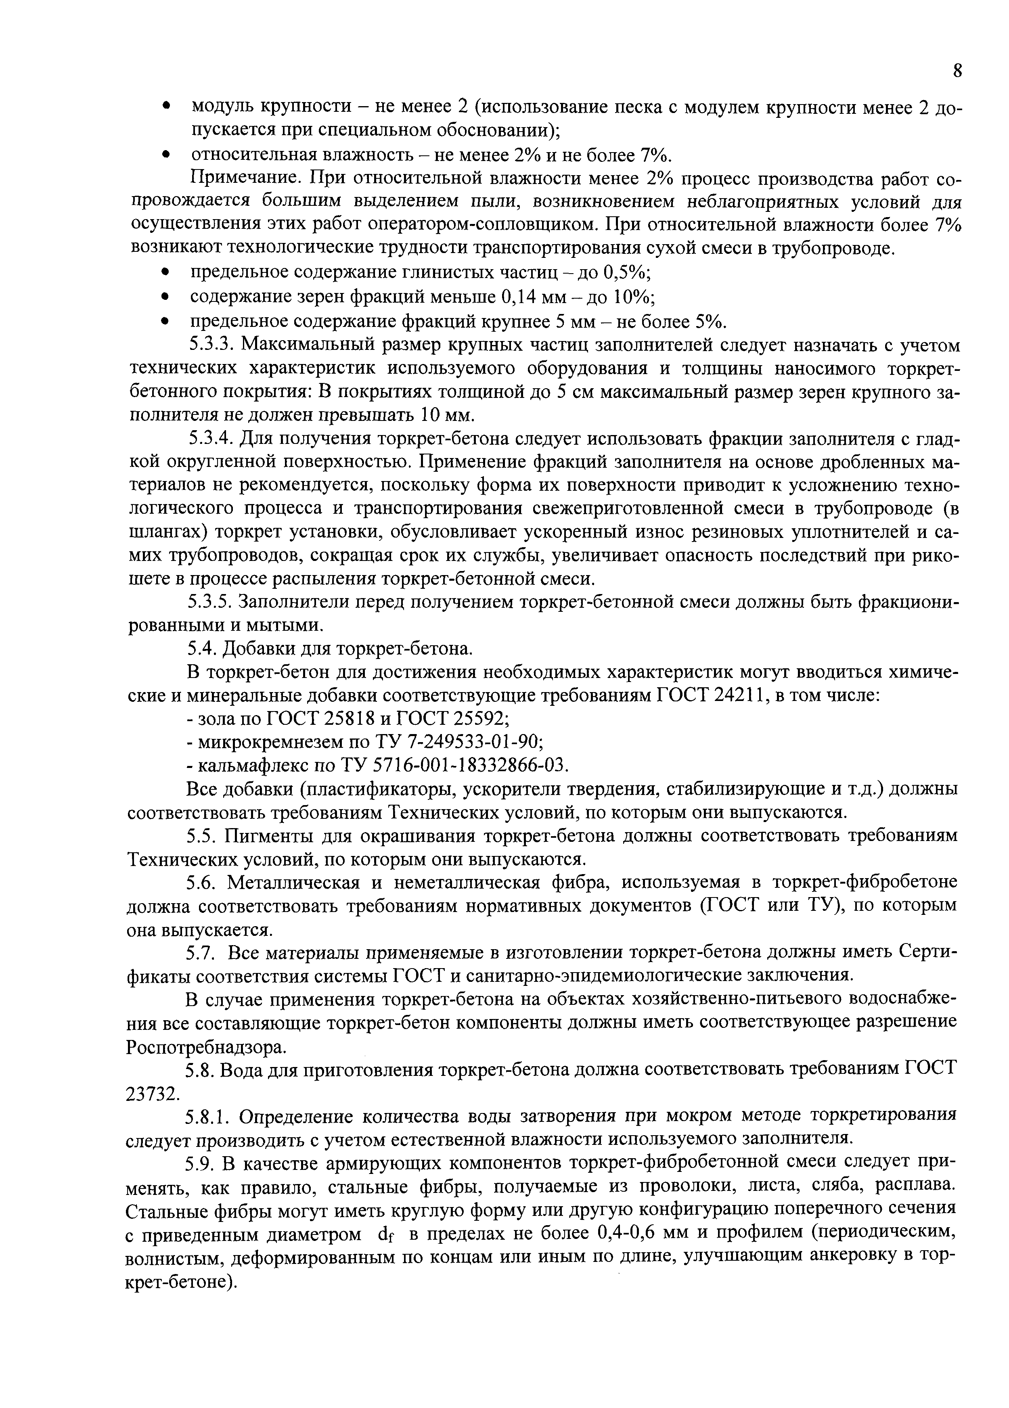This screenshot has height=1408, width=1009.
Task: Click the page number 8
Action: click(957, 71)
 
